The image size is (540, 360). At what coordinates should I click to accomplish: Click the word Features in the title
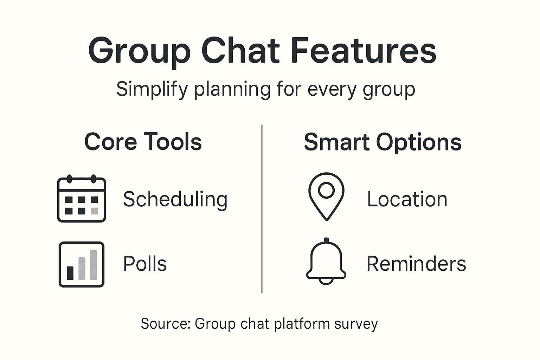click(x=364, y=51)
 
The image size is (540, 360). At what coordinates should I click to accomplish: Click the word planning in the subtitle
click(x=232, y=90)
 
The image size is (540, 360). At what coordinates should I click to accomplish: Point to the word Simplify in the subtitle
click(x=152, y=90)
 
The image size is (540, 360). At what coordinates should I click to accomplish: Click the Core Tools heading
click(x=143, y=142)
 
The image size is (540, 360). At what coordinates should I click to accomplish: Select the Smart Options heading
click(x=382, y=142)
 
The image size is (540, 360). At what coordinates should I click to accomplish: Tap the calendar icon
click(x=82, y=199)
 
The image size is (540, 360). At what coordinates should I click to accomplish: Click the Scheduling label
click(x=175, y=200)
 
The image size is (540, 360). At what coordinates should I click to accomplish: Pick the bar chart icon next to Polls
click(x=82, y=264)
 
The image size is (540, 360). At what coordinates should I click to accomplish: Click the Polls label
click(x=145, y=264)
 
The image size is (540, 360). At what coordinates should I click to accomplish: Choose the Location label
click(x=407, y=199)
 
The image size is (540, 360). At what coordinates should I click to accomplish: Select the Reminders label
click(x=416, y=264)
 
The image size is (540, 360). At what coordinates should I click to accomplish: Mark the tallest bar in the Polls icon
click(x=94, y=265)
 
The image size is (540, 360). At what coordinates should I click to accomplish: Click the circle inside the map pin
click(x=326, y=190)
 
